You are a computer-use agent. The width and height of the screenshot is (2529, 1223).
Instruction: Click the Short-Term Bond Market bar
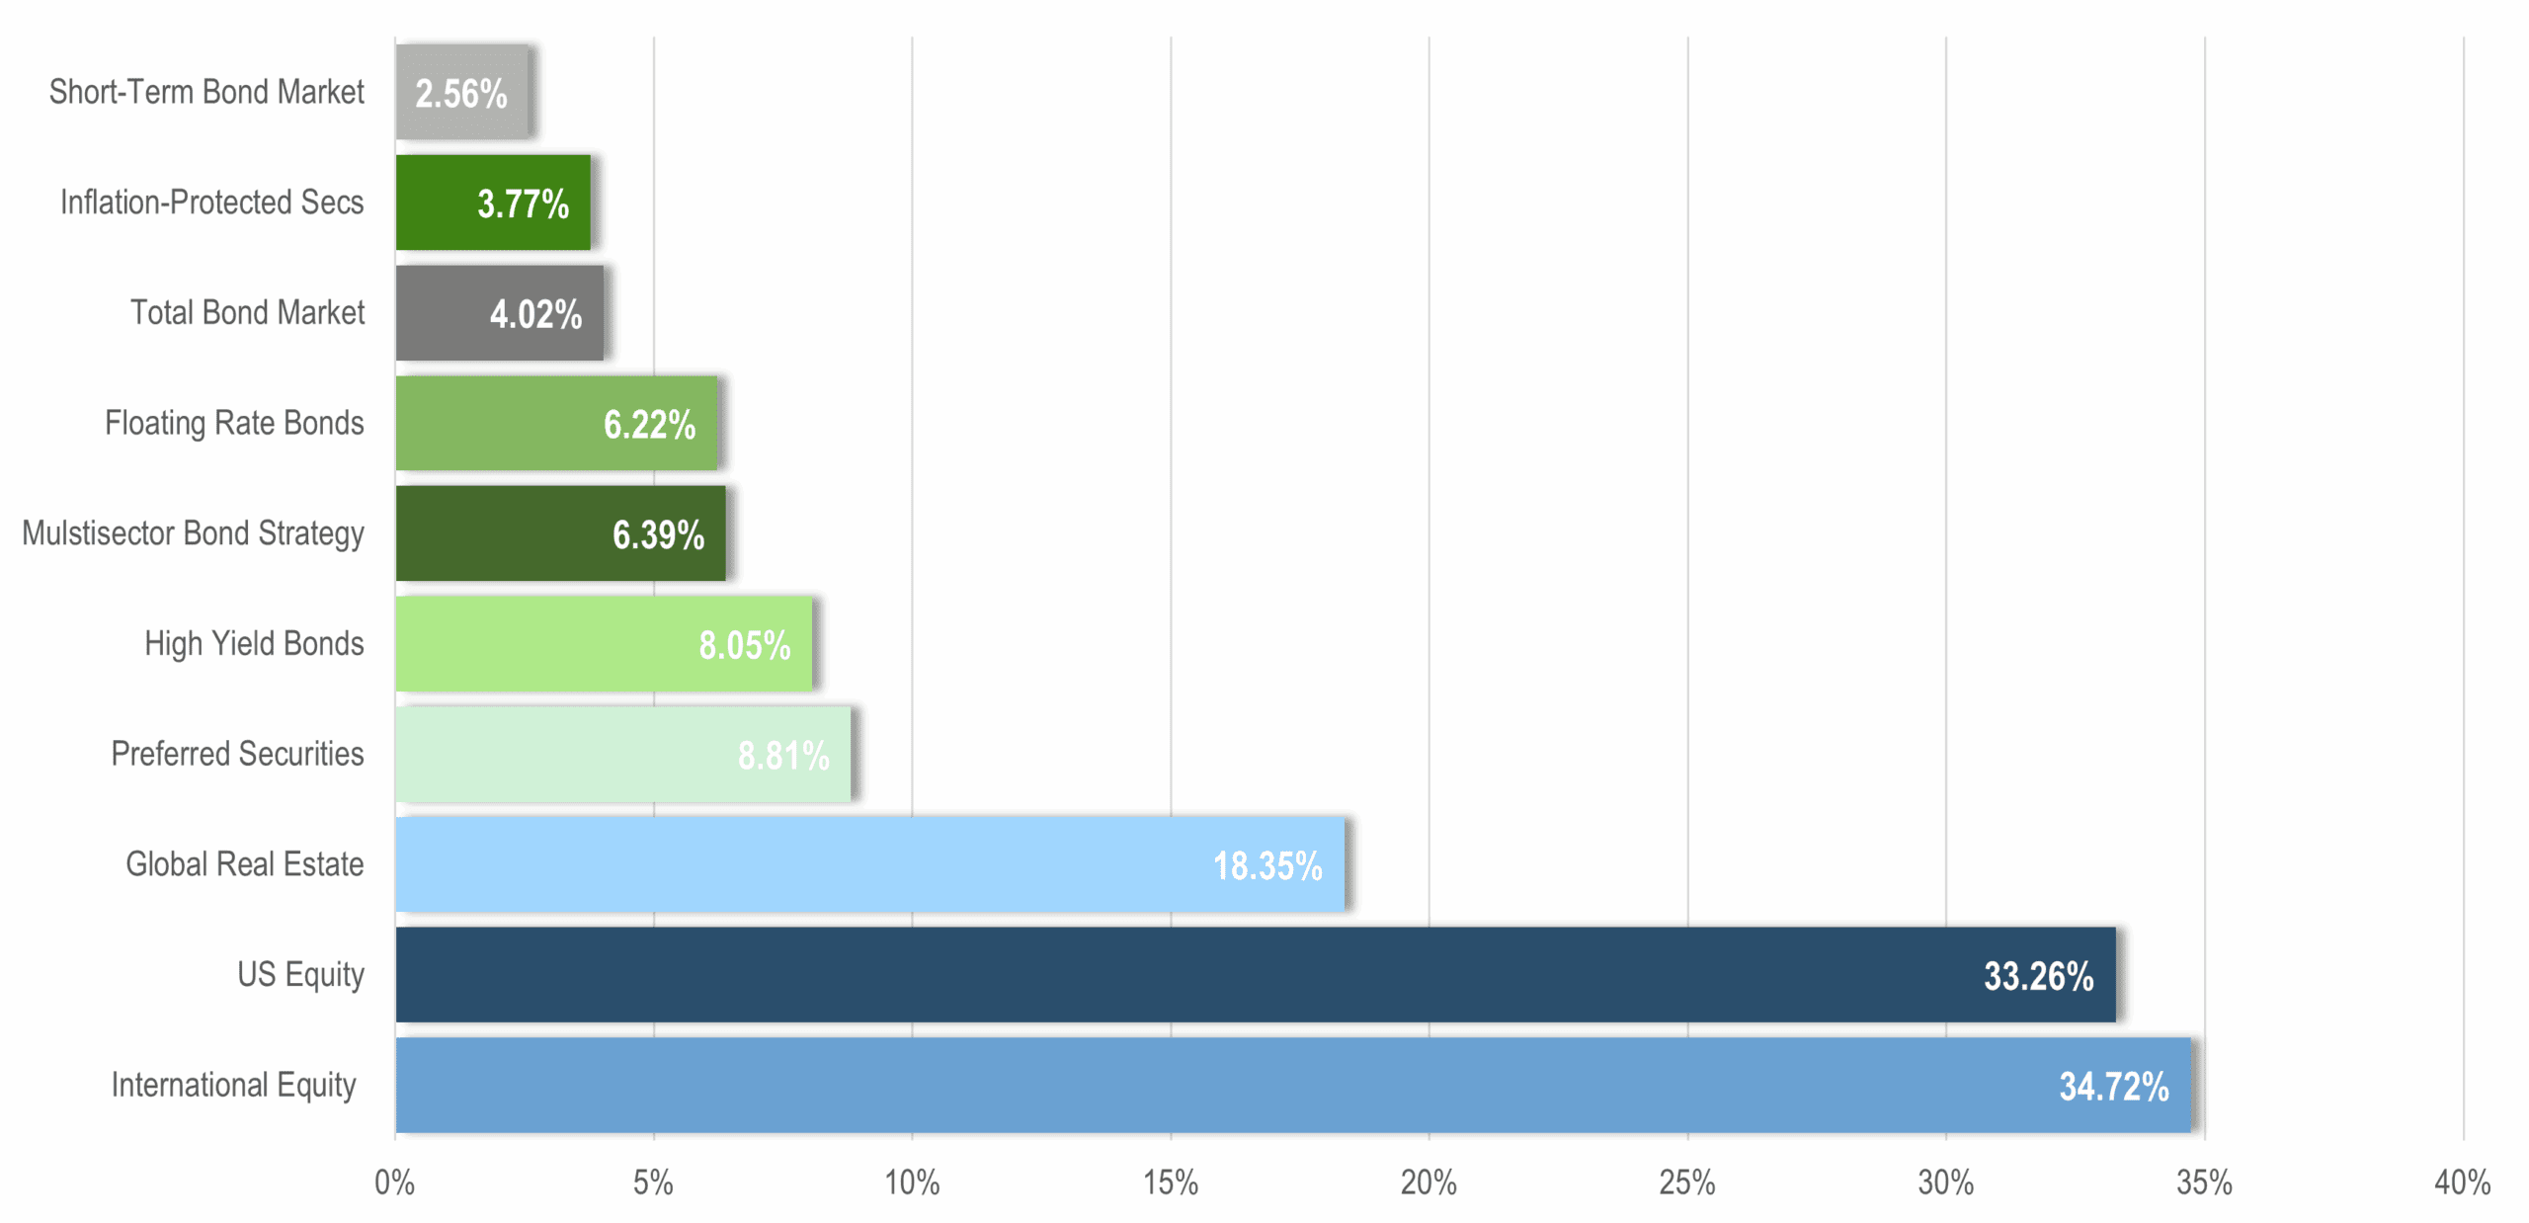point(461,92)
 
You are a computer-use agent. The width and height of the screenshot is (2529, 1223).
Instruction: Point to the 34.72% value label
point(2113,1087)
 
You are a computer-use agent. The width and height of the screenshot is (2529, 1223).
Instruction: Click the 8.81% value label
point(783,756)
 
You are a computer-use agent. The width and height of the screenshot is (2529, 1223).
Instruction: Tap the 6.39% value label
point(658,535)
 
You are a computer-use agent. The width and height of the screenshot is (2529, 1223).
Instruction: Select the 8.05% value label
point(744,646)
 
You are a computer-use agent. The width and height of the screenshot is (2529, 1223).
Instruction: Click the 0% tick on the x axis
point(394,1182)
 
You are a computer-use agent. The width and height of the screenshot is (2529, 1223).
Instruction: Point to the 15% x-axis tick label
point(1170,1182)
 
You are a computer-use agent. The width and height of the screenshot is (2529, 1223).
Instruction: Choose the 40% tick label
point(2462,1182)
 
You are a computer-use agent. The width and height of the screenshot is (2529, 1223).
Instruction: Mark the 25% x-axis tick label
point(1686,1182)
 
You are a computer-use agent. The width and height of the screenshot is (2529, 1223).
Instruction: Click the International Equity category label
point(233,1085)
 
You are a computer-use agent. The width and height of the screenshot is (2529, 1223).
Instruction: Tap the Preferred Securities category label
point(237,754)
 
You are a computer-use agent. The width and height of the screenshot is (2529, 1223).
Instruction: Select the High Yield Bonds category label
point(254,644)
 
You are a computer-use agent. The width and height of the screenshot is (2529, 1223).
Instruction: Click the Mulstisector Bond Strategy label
point(193,533)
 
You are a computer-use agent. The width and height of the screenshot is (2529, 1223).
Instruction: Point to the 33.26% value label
point(2038,976)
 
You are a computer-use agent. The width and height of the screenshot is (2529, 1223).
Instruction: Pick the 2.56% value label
point(460,95)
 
